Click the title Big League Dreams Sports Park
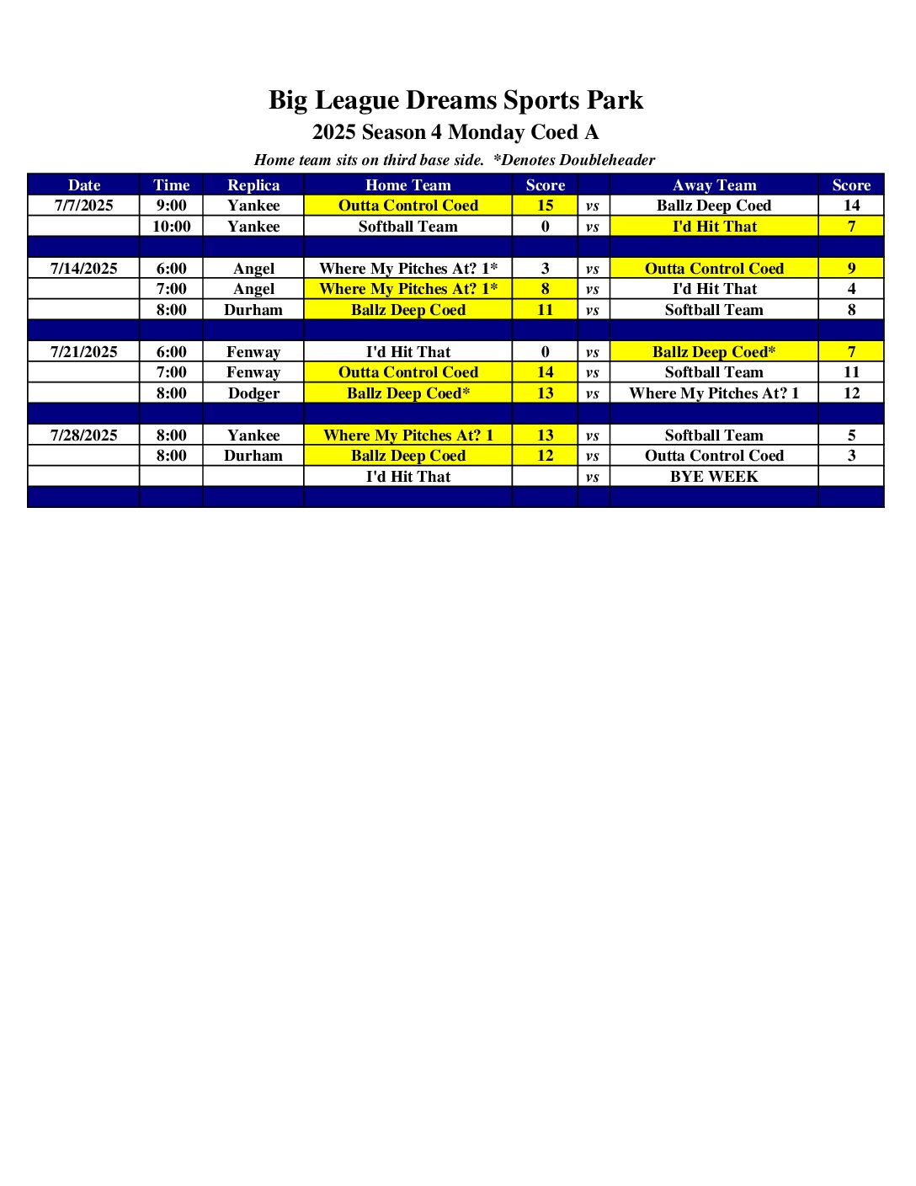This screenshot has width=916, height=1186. point(455,100)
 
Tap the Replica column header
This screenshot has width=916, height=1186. point(253,185)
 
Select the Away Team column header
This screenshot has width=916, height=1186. point(714,185)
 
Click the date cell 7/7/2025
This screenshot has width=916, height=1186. point(83,206)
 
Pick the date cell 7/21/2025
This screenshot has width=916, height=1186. point(83,352)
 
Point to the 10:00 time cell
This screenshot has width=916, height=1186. point(171,227)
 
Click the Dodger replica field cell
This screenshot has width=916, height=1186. point(253,393)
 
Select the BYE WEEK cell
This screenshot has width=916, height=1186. point(714,477)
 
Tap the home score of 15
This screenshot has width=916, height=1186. point(545,206)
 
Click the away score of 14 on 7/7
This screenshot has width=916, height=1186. point(851,206)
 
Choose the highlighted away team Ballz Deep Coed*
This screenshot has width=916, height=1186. point(714,352)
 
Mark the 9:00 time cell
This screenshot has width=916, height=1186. point(171,206)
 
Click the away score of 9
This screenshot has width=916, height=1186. point(851,269)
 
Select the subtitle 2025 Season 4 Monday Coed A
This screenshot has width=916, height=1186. point(455,132)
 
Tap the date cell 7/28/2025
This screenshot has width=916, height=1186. point(83,435)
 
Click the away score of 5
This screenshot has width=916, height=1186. point(851,435)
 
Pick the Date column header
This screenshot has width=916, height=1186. point(83,185)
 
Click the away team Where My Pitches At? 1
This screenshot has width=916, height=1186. point(714,393)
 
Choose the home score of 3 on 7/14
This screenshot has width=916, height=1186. point(545,269)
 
